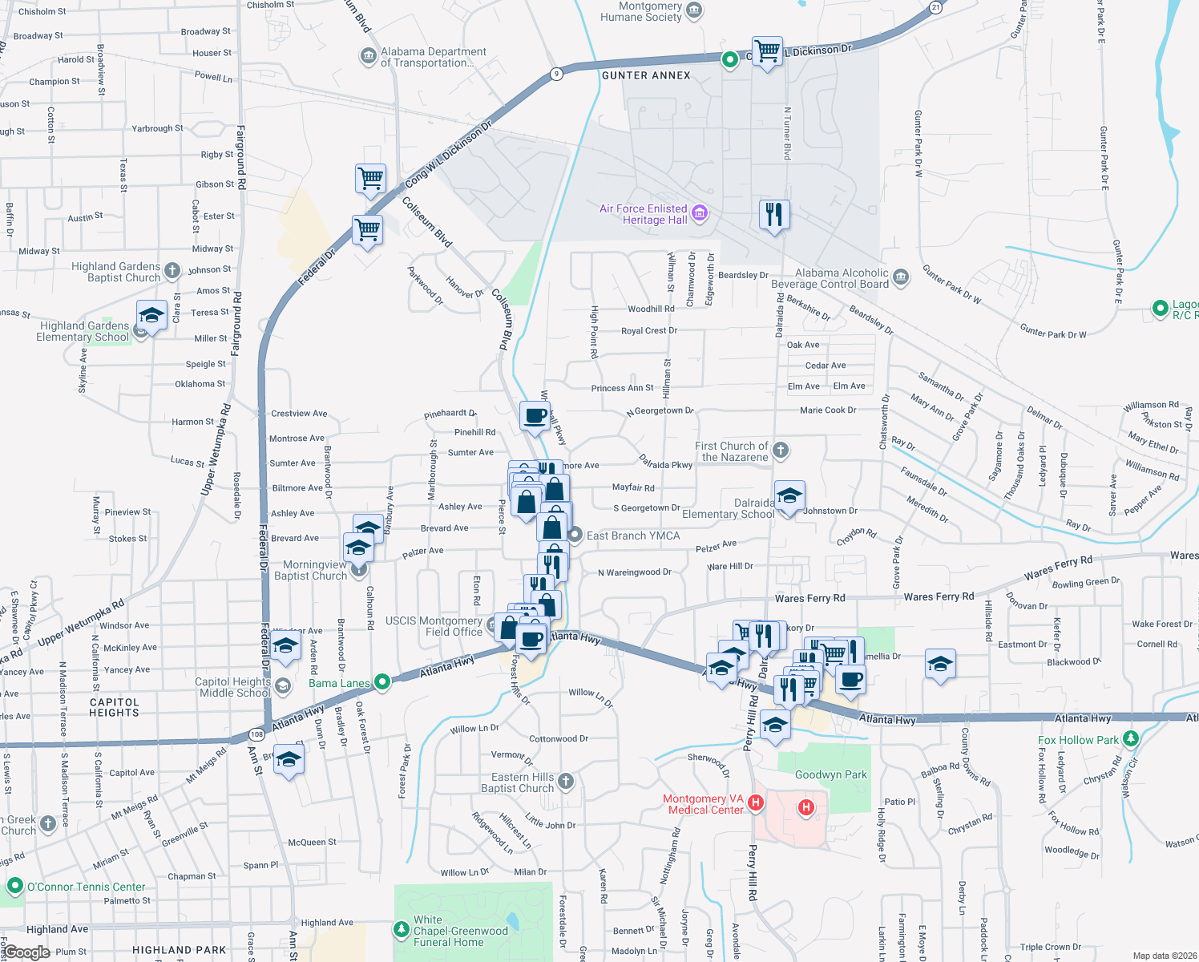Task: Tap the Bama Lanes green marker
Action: coord(382,682)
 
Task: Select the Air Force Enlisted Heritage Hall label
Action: coord(643,214)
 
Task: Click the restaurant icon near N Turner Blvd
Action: coord(774,215)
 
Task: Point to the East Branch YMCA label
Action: coord(632,536)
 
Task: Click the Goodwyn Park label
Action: coord(830,774)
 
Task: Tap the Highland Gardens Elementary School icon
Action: coord(151,316)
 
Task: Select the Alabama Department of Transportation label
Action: coord(433,57)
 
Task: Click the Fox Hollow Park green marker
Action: coord(1131,738)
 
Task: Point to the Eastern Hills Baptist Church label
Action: coord(517,782)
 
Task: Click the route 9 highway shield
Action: coord(556,74)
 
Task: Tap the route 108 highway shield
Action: coord(256,734)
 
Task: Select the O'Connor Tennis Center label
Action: coord(87,887)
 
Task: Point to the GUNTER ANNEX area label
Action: coord(646,75)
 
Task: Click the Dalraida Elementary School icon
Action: coord(789,496)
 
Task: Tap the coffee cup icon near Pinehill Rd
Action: coord(535,416)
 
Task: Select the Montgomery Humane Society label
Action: coord(640,11)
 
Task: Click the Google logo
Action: coord(26,952)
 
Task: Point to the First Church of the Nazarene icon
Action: coord(781,451)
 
